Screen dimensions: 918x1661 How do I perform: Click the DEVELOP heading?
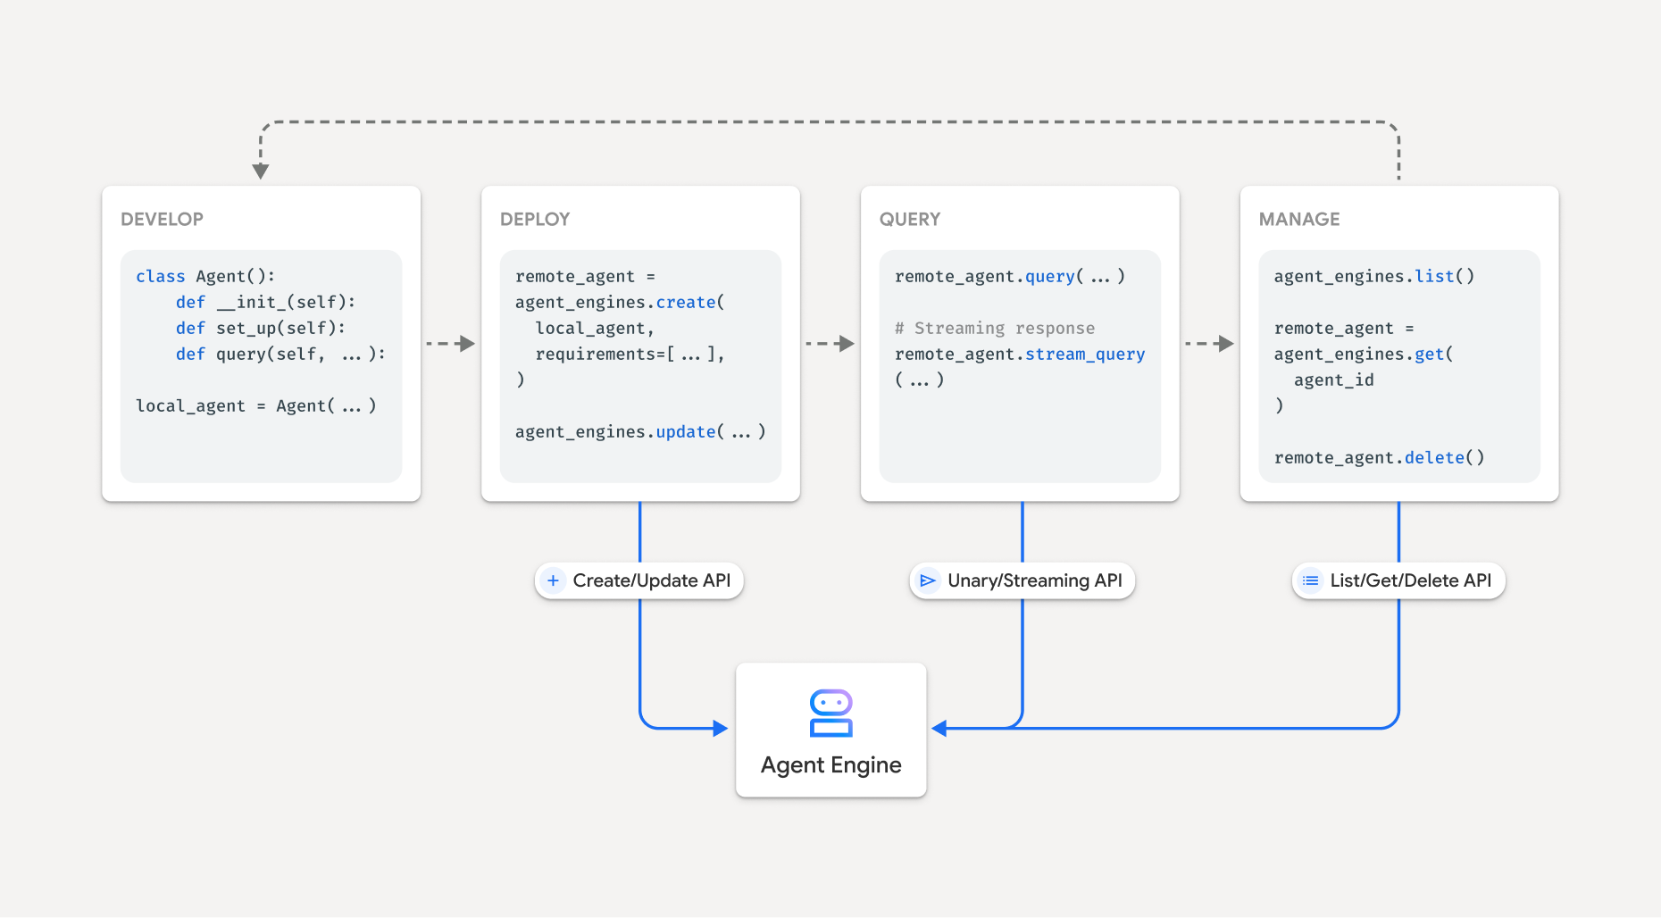point(162,219)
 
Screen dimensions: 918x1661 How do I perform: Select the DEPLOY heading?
point(534,219)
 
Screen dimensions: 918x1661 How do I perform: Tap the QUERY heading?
point(909,219)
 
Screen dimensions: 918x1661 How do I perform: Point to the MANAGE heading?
point(1298,219)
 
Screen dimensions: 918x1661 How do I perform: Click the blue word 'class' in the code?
point(160,277)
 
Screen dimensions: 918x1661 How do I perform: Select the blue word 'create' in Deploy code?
point(685,303)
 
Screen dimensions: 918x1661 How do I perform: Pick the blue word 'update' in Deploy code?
point(685,432)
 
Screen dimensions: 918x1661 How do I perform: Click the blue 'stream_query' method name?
point(1084,355)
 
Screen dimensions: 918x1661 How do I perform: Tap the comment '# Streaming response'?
point(994,329)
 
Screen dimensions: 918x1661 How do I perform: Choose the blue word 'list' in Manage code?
point(1434,277)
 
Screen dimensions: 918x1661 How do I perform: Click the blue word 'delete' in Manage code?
point(1434,458)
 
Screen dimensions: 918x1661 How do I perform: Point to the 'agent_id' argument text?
point(1333,380)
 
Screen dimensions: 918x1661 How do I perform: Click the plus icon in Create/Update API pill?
point(553,580)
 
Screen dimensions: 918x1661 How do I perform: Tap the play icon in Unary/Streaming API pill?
point(928,580)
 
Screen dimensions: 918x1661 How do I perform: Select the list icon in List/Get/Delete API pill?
point(1310,580)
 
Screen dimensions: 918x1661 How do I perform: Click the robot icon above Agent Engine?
point(830,713)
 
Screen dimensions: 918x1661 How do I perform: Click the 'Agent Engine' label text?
point(830,765)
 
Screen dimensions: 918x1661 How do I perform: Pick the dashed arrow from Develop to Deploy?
point(450,344)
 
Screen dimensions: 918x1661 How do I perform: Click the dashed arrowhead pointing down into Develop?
point(261,171)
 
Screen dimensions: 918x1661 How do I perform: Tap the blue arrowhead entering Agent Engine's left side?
point(721,729)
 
